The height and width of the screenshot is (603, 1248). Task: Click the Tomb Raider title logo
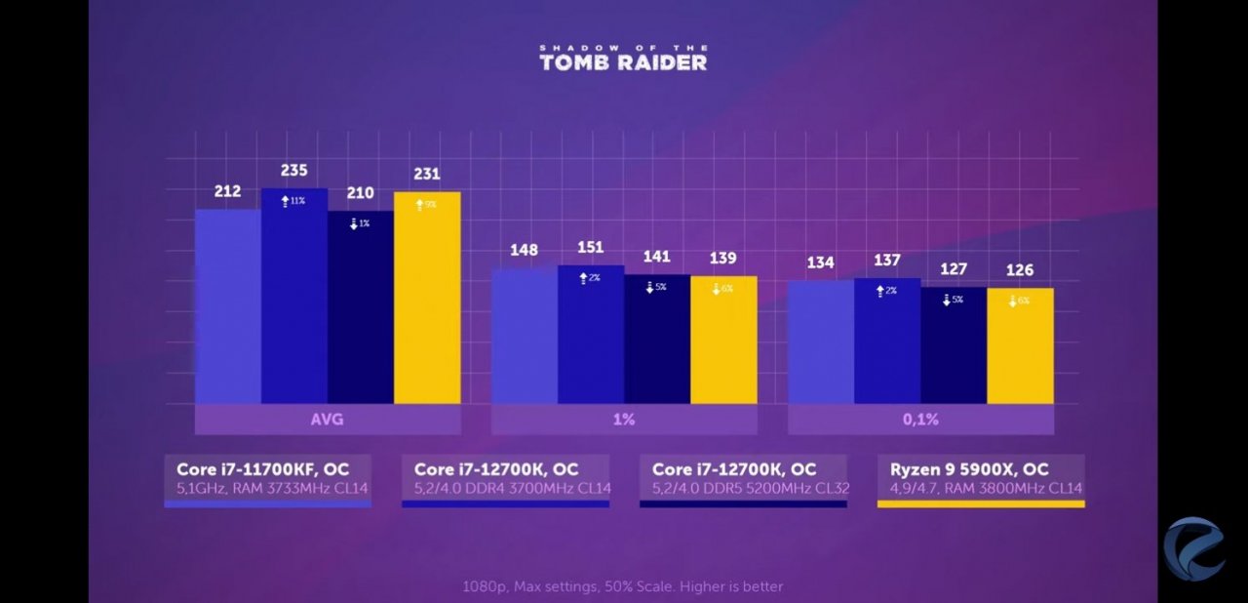[x=623, y=58]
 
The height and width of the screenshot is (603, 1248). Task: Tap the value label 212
[x=227, y=191]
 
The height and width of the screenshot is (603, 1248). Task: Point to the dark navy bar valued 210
[x=361, y=307]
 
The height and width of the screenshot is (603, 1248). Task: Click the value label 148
[x=524, y=251]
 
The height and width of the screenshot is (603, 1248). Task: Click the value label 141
[x=656, y=258]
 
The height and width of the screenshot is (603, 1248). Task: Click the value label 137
[x=887, y=261]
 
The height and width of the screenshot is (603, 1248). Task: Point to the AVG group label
[x=328, y=420]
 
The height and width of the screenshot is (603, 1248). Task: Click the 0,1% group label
[x=920, y=420]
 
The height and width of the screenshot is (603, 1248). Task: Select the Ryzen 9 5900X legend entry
[x=980, y=478]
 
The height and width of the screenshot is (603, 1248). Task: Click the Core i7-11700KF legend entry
[x=267, y=478]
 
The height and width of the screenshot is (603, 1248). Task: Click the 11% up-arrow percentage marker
[x=293, y=200]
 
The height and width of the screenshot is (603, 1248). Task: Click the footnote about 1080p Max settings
[x=623, y=586]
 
